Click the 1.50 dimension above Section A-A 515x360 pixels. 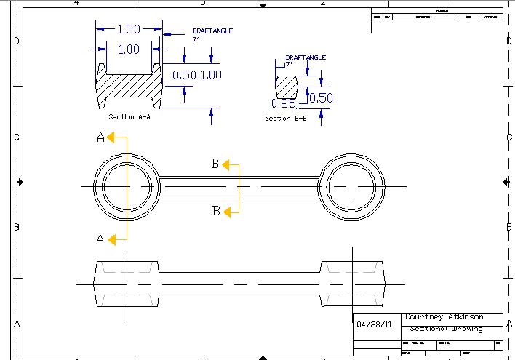pyautogui.click(x=128, y=30)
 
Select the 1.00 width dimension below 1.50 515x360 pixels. pyautogui.click(x=128, y=49)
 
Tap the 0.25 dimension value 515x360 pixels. pyautogui.click(x=284, y=103)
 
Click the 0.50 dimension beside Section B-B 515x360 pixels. pyautogui.click(x=321, y=98)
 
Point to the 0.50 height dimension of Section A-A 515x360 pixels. pyautogui.click(x=185, y=75)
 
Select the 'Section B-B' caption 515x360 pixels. pyautogui.click(x=285, y=118)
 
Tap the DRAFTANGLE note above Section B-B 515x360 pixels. pyautogui.click(x=306, y=57)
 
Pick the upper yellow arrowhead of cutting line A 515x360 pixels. pyautogui.click(x=111, y=136)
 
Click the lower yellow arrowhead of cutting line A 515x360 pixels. pyautogui.click(x=111, y=238)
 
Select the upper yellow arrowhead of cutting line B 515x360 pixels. pyautogui.click(x=225, y=164)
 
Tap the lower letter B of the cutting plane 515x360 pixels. pyautogui.click(x=215, y=211)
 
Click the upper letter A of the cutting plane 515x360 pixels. pyautogui.click(x=100, y=137)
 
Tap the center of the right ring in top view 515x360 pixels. pyautogui.click(x=351, y=187)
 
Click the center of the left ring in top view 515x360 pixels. pyautogui.click(x=127, y=187)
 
